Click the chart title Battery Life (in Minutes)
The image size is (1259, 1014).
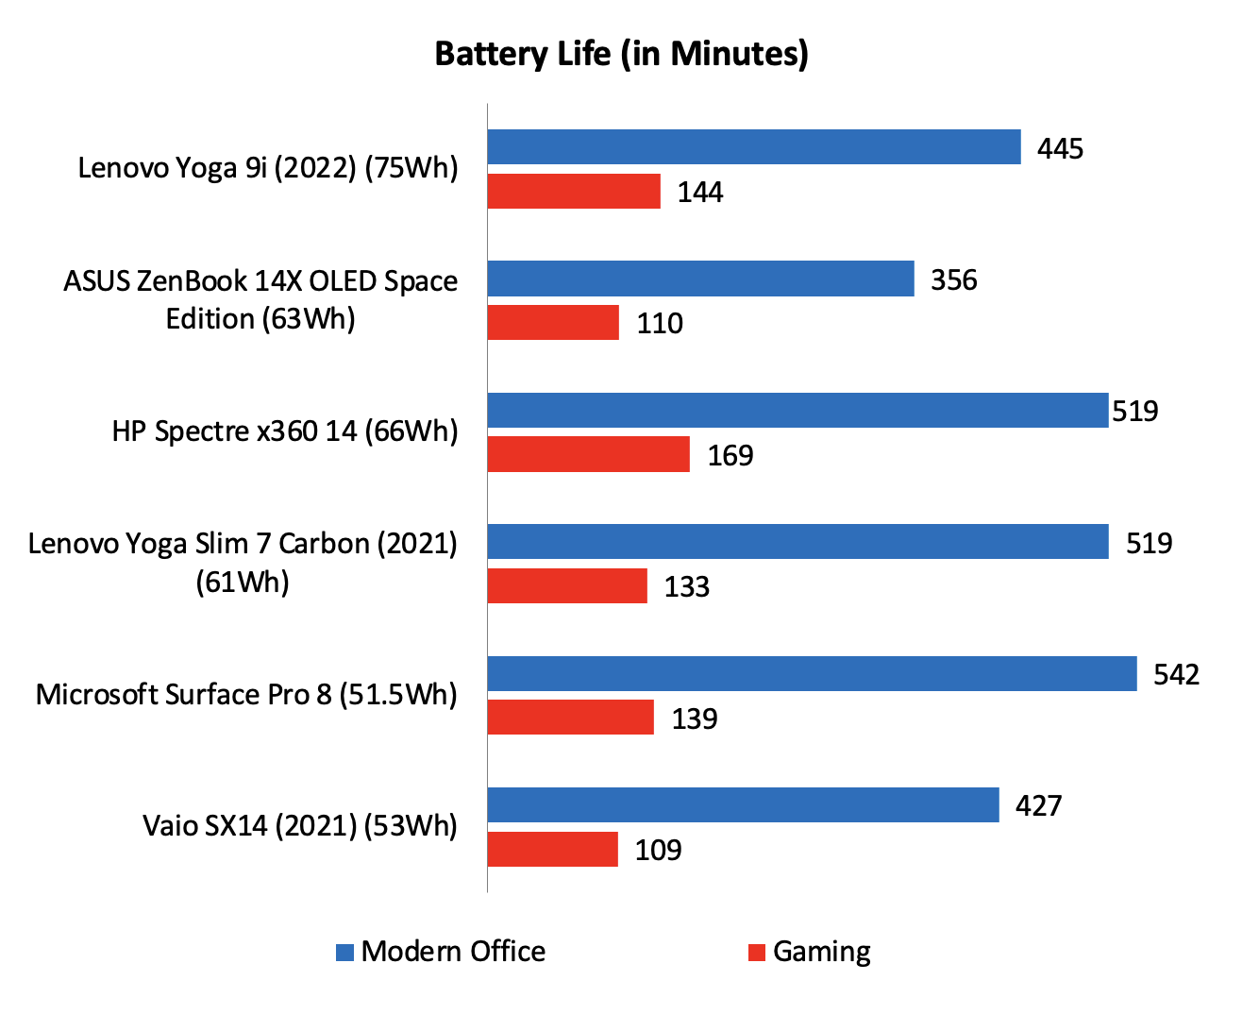621,54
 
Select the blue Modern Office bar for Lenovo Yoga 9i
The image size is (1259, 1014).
753,147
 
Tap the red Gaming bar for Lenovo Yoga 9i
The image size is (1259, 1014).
574,192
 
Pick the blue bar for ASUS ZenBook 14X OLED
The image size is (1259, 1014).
700,279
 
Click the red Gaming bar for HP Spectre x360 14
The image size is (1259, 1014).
588,454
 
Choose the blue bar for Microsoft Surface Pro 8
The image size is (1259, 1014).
812,673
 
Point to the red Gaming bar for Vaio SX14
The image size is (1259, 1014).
552,849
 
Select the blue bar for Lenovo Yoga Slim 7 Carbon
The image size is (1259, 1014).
797,542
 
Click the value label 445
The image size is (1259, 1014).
1060,149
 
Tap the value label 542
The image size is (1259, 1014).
1176,674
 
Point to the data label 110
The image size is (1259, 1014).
659,324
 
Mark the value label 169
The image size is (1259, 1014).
730,455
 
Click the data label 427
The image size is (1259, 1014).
1038,805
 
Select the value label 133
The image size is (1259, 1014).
686,586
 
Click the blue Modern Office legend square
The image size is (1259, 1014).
344,953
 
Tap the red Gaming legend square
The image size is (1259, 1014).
756,953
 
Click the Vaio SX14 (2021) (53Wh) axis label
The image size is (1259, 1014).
300,825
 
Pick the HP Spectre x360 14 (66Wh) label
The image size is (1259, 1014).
285,431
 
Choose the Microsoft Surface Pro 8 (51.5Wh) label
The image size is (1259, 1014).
246,694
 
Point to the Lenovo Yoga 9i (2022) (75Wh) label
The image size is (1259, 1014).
268,168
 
